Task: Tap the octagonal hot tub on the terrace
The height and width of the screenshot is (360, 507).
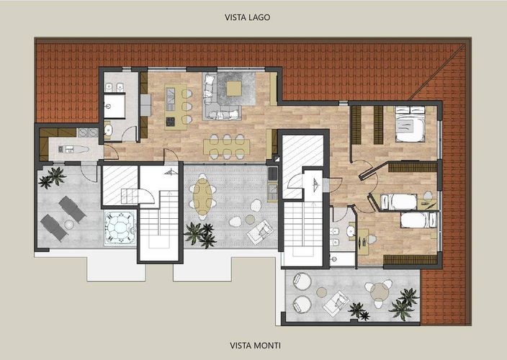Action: [x=117, y=228]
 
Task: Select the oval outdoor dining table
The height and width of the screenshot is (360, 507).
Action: [x=203, y=197]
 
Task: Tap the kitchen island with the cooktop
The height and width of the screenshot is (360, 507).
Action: [x=171, y=104]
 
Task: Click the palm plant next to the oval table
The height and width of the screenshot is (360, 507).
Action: [x=199, y=233]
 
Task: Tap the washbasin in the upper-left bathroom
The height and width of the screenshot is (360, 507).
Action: [x=108, y=130]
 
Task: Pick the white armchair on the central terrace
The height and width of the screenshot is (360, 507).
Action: [x=259, y=232]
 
